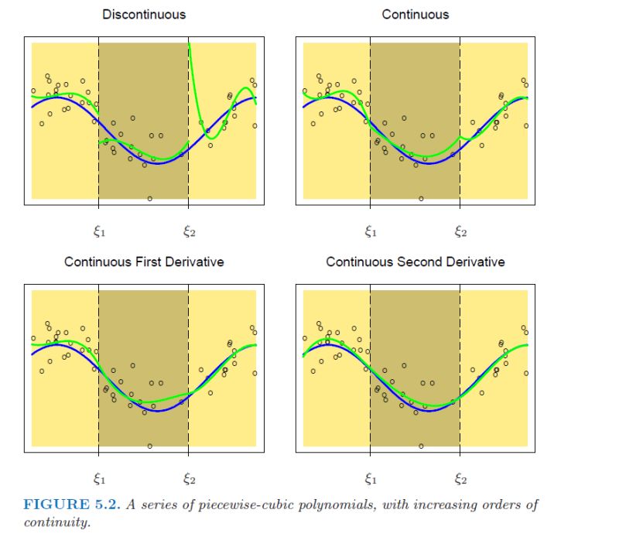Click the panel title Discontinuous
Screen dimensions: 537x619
click(x=144, y=14)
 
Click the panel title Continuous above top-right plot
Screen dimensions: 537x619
click(x=415, y=14)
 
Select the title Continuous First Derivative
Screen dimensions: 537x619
click(x=144, y=262)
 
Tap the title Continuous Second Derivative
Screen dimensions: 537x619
click(x=415, y=262)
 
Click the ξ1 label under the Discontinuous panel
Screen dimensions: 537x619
click(x=98, y=230)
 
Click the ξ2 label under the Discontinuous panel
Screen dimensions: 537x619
click(x=189, y=230)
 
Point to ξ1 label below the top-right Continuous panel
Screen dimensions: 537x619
click(x=370, y=230)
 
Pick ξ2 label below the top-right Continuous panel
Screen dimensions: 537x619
click(x=460, y=230)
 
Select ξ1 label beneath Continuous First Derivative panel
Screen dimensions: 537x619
click(x=98, y=477)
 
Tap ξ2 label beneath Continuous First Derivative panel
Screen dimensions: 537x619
click(x=189, y=477)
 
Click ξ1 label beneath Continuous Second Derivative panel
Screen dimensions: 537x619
click(x=370, y=477)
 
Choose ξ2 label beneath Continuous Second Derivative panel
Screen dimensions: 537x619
click(x=460, y=477)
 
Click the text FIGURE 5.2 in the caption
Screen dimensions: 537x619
click(x=67, y=505)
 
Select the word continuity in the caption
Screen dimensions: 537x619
click(x=55, y=522)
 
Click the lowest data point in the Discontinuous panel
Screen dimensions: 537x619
click(x=149, y=198)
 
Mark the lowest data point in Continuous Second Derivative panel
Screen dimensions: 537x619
click(x=421, y=446)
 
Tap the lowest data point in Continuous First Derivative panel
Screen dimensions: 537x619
click(x=149, y=446)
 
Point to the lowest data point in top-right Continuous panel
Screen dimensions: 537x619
click(x=421, y=198)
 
